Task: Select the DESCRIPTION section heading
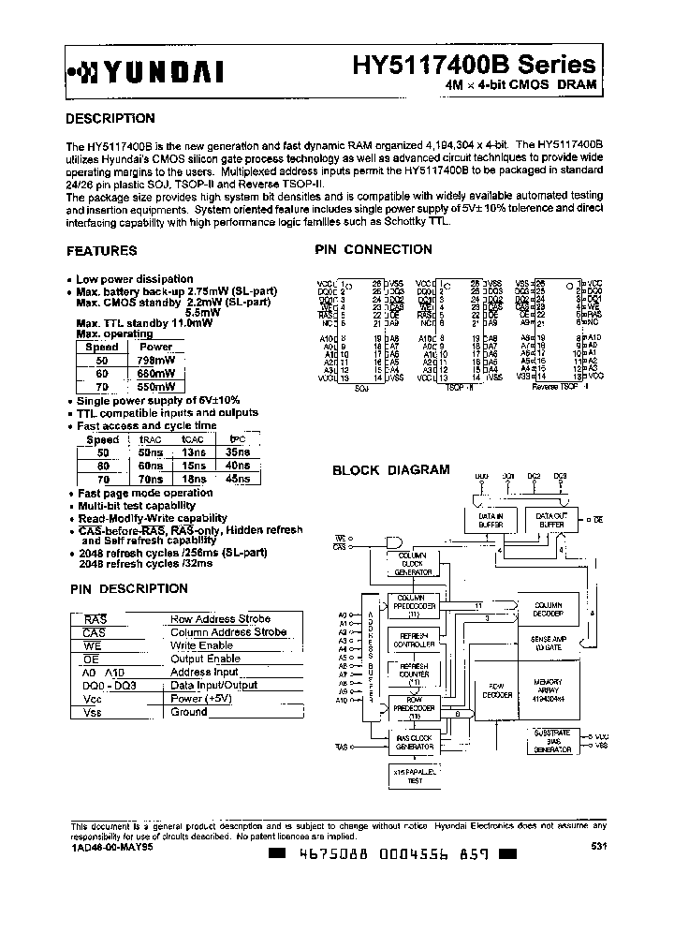coord(110,119)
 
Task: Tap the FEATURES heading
coord(102,251)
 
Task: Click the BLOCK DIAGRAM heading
coord(391,469)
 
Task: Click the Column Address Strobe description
coord(228,632)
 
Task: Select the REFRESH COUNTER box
coord(414,671)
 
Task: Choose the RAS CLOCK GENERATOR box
coord(415,742)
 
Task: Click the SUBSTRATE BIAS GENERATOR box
coord(553,740)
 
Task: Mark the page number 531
coord(598,847)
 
